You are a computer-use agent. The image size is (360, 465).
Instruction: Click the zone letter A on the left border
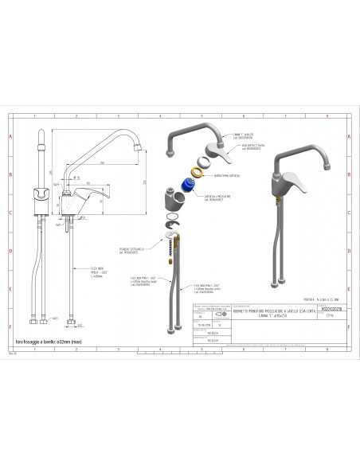tap(10, 136)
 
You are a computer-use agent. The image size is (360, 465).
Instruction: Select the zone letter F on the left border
tap(10, 327)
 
